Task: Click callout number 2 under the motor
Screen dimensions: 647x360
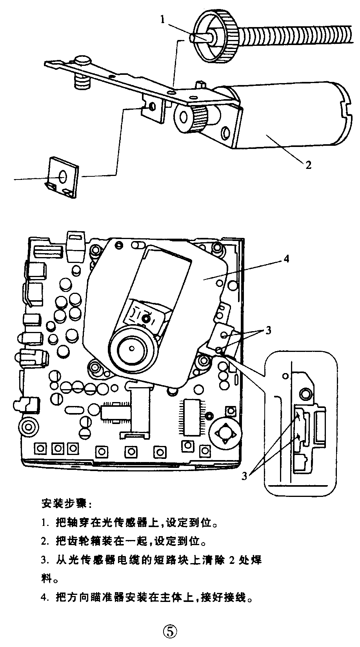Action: pos(309,165)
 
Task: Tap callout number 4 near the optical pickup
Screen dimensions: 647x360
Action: pos(287,259)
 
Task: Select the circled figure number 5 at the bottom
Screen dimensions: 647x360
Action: pos(170,631)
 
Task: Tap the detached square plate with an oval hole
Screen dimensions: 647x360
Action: pos(63,178)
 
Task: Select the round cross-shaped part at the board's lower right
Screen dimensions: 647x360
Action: pos(225,434)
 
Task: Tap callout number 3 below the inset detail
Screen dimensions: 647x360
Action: pos(245,476)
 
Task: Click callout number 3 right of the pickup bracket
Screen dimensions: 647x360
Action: pos(268,330)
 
